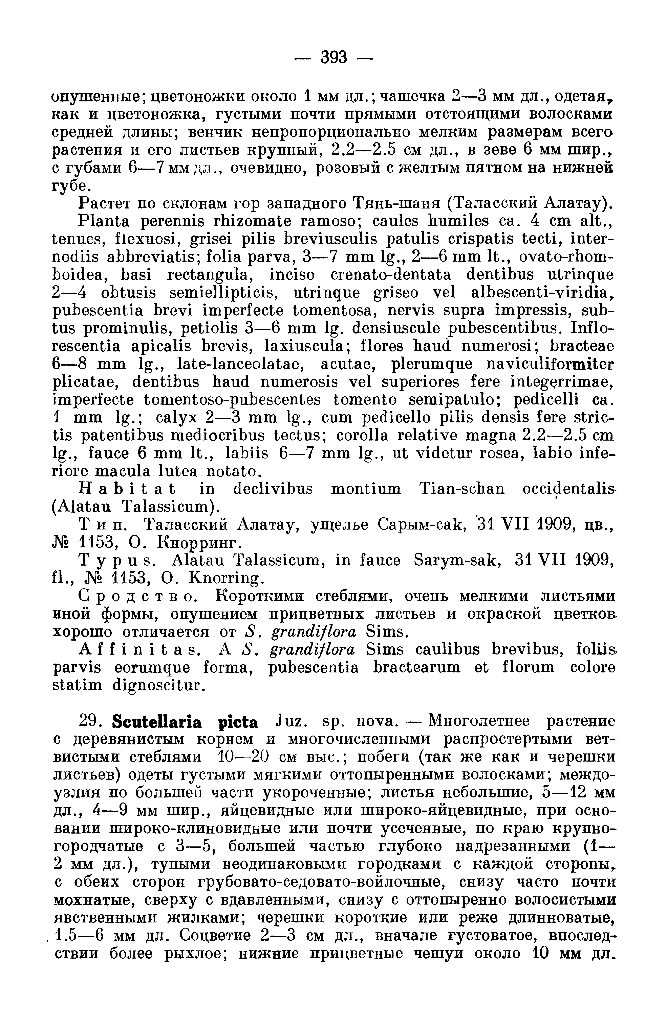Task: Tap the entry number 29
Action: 89,722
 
